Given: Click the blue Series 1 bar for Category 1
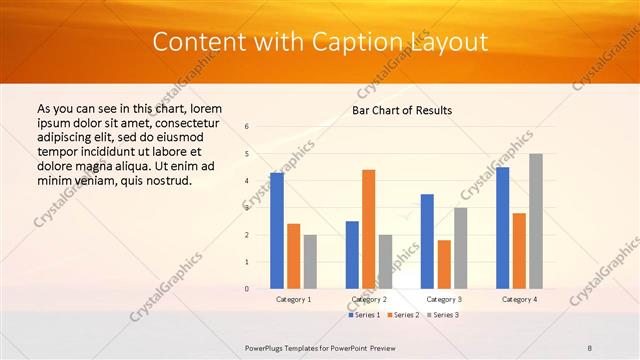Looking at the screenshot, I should click(x=277, y=231).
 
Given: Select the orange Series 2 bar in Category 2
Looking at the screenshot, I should click(x=368, y=229).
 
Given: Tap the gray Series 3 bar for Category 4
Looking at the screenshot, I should click(x=536, y=221).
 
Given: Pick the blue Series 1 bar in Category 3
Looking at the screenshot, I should click(x=427, y=241).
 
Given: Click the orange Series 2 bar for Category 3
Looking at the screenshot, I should click(x=444, y=264).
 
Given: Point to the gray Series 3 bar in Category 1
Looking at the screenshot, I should click(x=310, y=262).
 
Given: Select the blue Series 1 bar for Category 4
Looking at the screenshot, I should click(x=502, y=228).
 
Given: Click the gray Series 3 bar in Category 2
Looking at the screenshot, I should click(x=386, y=262).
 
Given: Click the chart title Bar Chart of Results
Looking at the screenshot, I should click(x=402, y=110).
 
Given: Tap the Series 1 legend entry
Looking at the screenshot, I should click(x=364, y=315).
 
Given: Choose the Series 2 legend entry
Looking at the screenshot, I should click(x=402, y=315).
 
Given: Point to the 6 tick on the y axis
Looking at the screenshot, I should click(x=247, y=127).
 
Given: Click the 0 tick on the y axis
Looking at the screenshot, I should click(x=247, y=289).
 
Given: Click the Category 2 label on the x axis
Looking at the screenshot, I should click(x=369, y=299).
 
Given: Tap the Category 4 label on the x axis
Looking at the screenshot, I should click(x=519, y=299).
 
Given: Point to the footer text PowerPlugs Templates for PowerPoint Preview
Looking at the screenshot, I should click(x=320, y=347).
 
